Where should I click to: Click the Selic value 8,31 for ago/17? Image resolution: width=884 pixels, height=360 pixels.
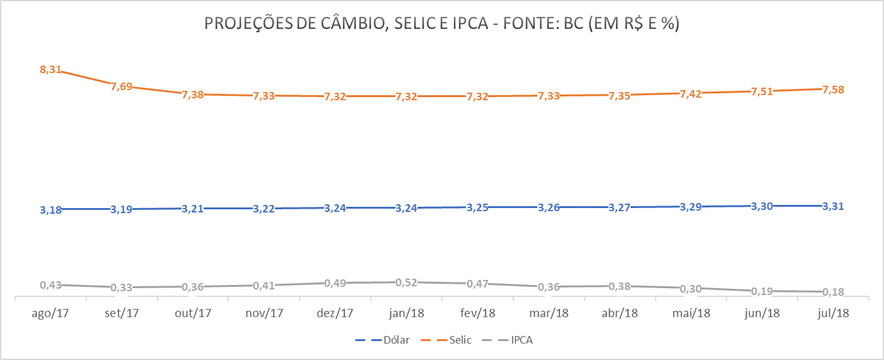click(x=50, y=70)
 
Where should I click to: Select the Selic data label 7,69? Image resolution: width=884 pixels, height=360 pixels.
click(x=122, y=86)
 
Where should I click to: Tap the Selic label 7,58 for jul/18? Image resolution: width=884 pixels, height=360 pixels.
click(x=832, y=90)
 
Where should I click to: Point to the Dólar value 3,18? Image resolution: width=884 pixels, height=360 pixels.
click(x=50, y=210)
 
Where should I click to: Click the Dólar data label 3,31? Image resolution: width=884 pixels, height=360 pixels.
click(x=832, y=206)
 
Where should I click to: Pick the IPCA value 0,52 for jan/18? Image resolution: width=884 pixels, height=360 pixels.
click(x=406, y=282)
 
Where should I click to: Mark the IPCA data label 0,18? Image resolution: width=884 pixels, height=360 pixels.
click(x=832, y=292)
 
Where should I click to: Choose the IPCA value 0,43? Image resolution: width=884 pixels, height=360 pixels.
click(x=50, y=285)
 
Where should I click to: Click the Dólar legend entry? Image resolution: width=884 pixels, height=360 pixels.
click(x=383, y=340)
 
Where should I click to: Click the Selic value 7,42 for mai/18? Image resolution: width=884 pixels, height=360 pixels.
click(x=690, y=93)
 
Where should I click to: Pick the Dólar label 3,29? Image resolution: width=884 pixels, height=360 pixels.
click(x=690, y=207)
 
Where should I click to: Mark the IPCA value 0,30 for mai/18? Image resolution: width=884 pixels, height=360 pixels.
click(x=690, y=288)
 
